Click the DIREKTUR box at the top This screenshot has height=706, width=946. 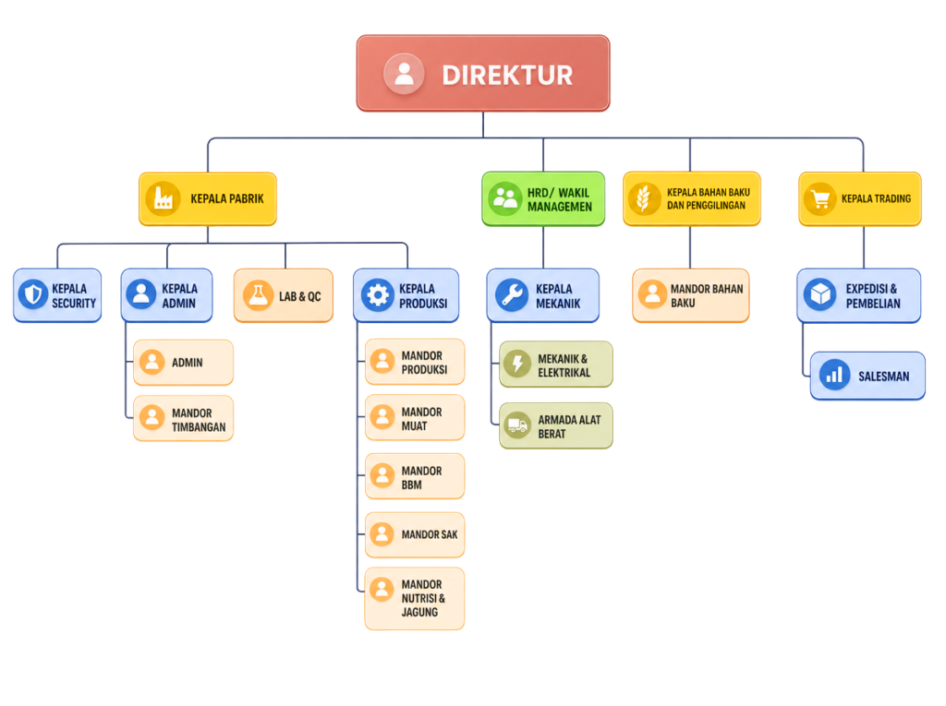click(482, 73)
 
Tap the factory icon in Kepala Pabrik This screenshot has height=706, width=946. click(163, 198)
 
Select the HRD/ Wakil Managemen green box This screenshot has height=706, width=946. click(543, 199)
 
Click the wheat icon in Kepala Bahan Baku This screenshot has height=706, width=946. click(644, 198)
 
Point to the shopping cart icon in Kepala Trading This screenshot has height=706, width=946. click(820, 198)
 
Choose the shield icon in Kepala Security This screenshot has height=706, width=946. click(33, 294)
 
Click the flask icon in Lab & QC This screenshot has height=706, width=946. click(259, 295)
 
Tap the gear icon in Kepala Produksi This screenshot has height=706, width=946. click(378, 295)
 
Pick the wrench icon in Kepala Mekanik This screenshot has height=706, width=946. click(512, 295)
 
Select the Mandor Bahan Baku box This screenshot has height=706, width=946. click(691, 295)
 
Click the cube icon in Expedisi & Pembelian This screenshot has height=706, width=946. click(820, 294)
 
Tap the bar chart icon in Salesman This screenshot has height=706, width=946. click(834, 375)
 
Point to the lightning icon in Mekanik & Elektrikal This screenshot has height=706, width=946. click(517, 365)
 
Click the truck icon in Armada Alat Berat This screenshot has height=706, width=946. click(517, 425)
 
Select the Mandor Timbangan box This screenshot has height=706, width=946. click(183, 418)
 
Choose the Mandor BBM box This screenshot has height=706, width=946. click(415, 476)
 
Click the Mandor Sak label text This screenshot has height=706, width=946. click(430, 534)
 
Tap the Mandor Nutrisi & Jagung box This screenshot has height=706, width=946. click(415, 599)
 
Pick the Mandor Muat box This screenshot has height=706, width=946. click(415, 418)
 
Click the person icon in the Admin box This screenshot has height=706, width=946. click(152, 363)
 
